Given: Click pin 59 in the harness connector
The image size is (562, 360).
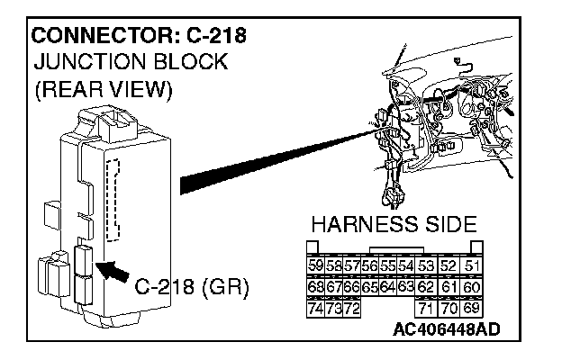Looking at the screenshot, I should pyautogui.click(x=315, y=265).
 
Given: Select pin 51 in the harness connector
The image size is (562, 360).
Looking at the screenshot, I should pyautogui.click(x=475, y=265).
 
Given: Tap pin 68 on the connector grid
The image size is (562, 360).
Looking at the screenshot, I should pyautogui.click(x=315, y=287).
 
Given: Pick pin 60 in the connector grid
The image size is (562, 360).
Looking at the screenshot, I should pyautogui.click(x=475, y=287).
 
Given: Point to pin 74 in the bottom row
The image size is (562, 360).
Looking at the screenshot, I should pyautogui.click(x=315, y=309).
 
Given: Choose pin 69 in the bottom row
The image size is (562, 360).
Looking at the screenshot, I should pyautogui.click(x=475, y=309).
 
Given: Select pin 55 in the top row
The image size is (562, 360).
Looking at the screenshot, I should pyautogui.click(x=386, y=265).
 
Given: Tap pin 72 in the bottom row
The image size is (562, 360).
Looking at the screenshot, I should pyautogui.click(x=351, y=309).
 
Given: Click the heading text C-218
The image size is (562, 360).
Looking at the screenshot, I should pyautogui.click(x=213, y=37).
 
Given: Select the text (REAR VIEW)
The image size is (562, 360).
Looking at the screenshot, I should pyautogui.click(x=100, y=91).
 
